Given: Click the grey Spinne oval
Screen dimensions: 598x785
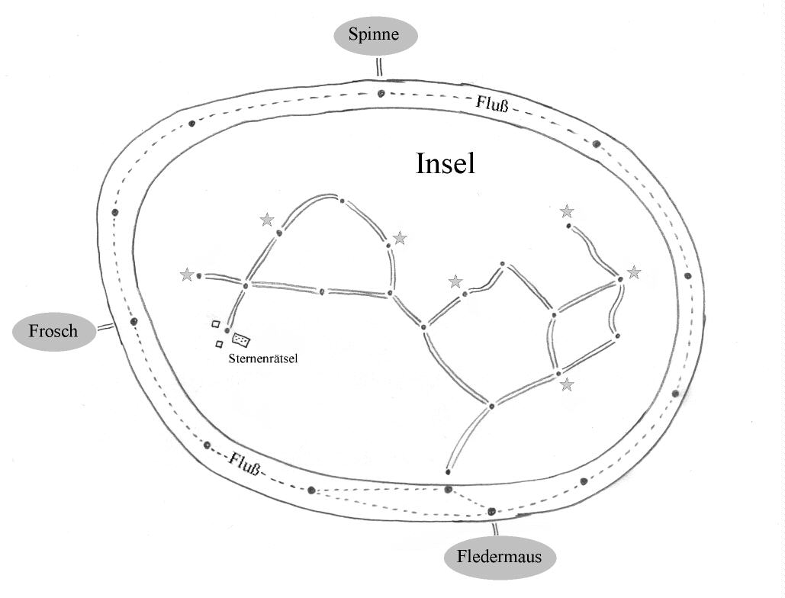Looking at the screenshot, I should [x=374, y=35].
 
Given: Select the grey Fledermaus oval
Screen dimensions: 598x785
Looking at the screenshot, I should [x=499, y=557].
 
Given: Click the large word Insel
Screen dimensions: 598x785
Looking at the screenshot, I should [x=446, y=163].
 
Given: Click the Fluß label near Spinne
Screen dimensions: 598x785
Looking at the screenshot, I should [x=492, y=102].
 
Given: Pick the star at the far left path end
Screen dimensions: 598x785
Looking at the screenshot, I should [x=187, y=275].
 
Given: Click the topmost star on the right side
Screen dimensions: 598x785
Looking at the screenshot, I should [x=566, y=211].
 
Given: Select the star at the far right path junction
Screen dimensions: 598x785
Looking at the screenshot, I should [x=634, y=272].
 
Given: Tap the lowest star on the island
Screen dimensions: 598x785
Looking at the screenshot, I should [x=566, y=385].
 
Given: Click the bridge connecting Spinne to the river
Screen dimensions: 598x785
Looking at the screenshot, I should [x=379, y=67].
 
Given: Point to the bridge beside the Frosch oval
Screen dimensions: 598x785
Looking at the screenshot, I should [x=105, y=327].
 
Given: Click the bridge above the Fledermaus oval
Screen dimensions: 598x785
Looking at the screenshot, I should [x=495, y=529].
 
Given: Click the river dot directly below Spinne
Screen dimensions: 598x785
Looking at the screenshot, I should [x=381, y=95].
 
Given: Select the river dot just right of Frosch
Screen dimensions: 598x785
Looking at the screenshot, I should [x=134, y=321].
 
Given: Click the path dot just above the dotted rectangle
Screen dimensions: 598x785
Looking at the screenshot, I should [x=227, y=330].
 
